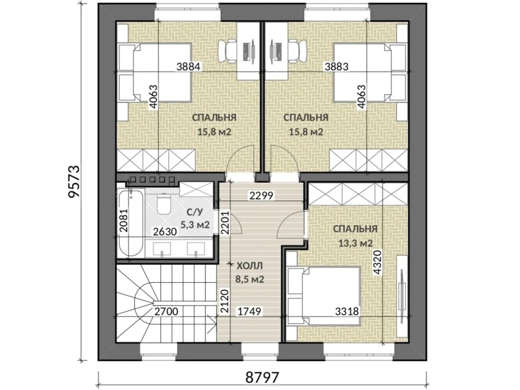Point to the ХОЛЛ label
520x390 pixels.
click(250, 266)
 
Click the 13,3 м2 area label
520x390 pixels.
click(355, 243)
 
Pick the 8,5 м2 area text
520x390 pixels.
click(250, 279)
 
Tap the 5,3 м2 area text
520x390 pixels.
click(195, 224)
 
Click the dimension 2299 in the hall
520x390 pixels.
click(261, 196)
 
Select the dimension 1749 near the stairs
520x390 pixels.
click(249, 311)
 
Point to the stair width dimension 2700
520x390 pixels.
click(166, 311)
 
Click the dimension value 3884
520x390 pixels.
click(188, 66)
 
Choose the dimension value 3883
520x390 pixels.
click(337, 66)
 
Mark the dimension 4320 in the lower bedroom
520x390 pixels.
click(378, 263)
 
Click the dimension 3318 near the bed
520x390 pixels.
click(347, 311)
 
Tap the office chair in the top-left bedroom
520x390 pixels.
click(227, 51)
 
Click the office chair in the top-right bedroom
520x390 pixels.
click(298, 51)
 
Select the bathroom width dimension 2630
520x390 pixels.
click(165, 231)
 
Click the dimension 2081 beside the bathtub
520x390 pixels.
click(123, 220)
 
